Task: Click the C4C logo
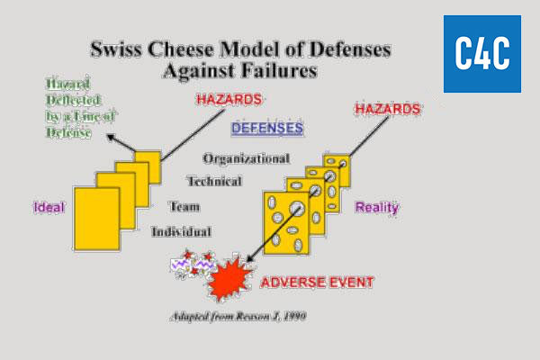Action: tap(481, 53)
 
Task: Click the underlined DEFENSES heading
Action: tap(267, 129)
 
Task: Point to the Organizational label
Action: tap(246, 158)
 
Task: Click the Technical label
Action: tap(213, 181)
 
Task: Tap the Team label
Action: tap(184, 206)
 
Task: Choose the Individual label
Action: tap(181, 231)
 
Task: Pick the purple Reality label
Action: tap(377, 207)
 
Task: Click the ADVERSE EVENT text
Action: tap(317, 282)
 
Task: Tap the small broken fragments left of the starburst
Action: tap(192, 265)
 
